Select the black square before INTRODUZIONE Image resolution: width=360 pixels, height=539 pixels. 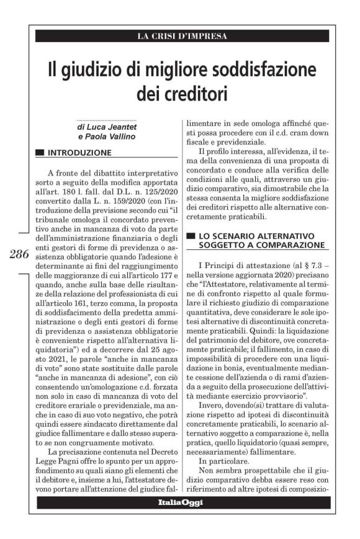coord(40,152)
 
